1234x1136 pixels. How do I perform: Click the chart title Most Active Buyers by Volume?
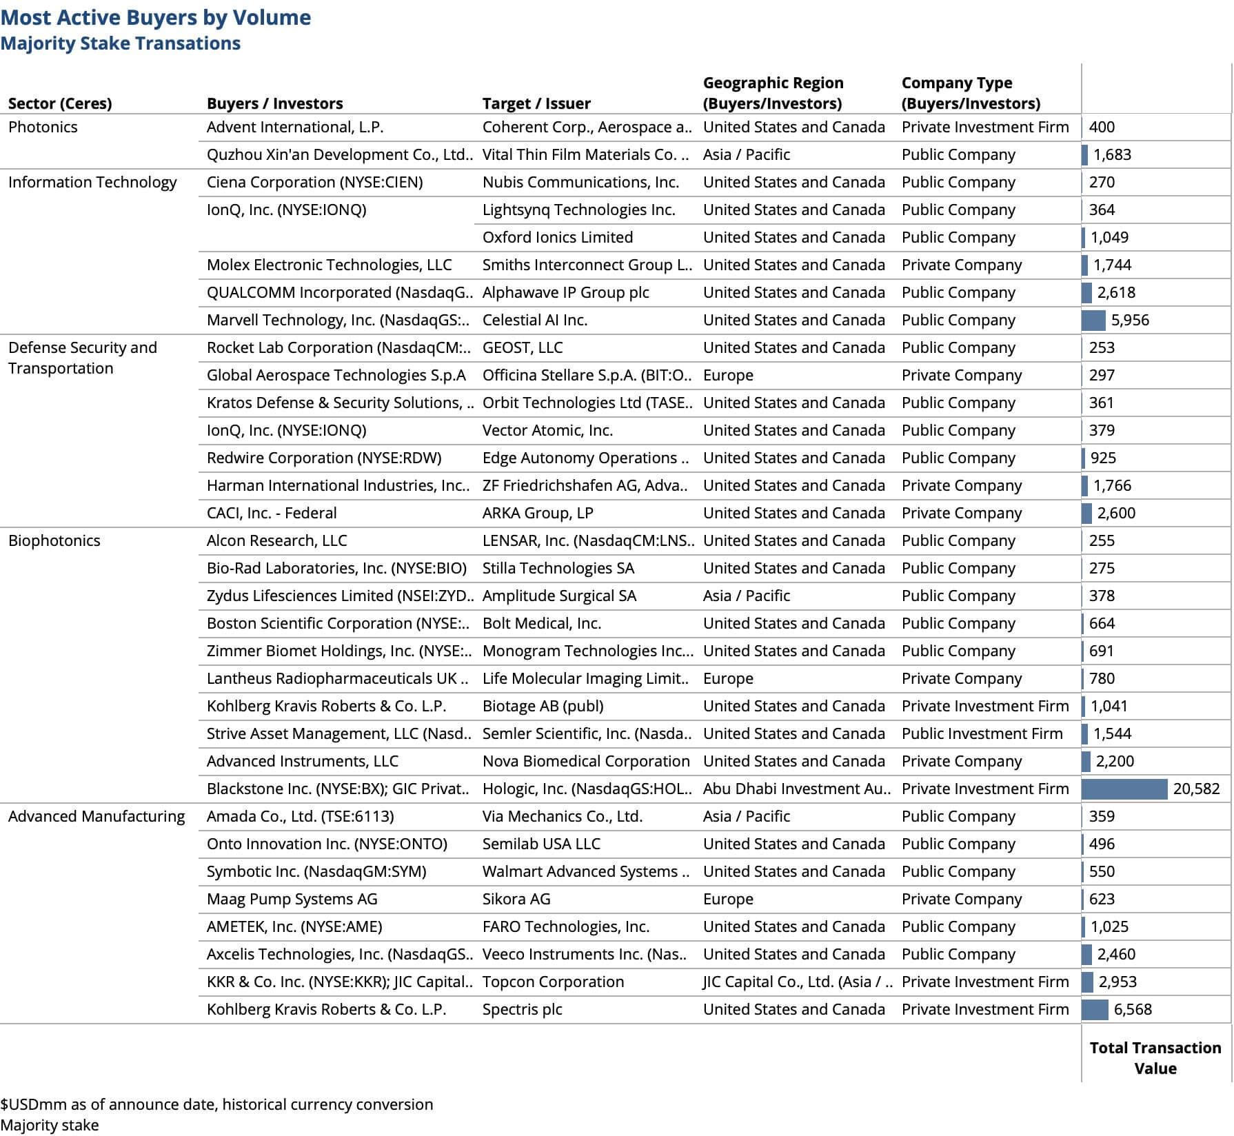[156, 17]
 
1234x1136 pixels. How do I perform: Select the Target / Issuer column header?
[536, 103]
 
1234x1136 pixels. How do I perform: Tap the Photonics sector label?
[43, 127]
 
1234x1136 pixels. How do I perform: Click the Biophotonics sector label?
[54, 540]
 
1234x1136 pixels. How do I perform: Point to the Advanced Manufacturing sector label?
[97, 816]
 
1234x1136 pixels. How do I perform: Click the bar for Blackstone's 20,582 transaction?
[1124, 789]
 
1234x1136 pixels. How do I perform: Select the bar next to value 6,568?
[1095, 1009]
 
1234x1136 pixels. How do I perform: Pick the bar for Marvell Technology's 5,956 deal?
[1093, 320]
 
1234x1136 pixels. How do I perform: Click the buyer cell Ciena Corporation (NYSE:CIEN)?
[314, 182]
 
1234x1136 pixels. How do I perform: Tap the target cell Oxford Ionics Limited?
[557, 237]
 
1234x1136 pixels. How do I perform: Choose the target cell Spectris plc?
[522, 1009]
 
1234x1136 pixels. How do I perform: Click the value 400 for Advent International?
[1102, 127]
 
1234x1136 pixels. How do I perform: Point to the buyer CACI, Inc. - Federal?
[272, 513]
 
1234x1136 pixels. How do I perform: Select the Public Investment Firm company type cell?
[982, 733]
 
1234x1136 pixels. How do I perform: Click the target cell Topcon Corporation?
[553, 982]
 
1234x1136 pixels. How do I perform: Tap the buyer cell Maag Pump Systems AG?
[292, 899]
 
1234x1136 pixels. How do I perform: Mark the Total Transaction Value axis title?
[1155, 1057]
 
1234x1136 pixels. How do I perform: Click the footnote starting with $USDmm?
[216, 1104]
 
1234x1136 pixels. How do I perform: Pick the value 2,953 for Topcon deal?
[1117, 982]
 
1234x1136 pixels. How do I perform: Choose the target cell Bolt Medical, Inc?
[541, 623]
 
